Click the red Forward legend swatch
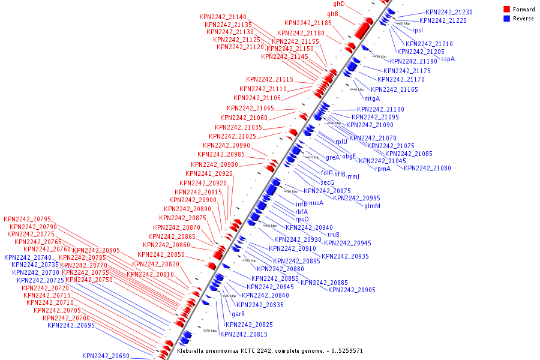507,10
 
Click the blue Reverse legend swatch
507,19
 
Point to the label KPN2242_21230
449,12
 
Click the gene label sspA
448,59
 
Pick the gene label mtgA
372,98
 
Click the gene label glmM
372,206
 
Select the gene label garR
238,314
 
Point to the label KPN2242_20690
106,356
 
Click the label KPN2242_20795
27,219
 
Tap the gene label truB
334,235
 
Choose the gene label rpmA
383,169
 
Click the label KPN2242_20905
352,290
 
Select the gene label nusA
316,203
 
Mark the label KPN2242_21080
427,168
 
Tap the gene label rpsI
417,30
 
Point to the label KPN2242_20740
28,257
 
